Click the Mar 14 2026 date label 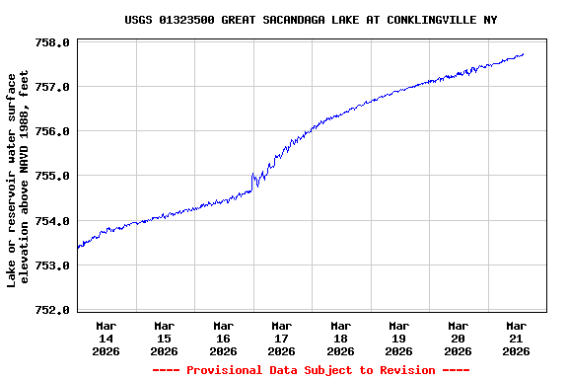click(106, 338)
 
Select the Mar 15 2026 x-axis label click(164, 338)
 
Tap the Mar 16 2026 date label click(223, 338)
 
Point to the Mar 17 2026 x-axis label click(281, 338)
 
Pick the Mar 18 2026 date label click(340, 338)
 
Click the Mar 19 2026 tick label click(398, 338)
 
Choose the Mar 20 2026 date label click(458, 338)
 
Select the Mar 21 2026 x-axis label click(516, 338)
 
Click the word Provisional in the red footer click(230, 370)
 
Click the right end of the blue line click(523, 54)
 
